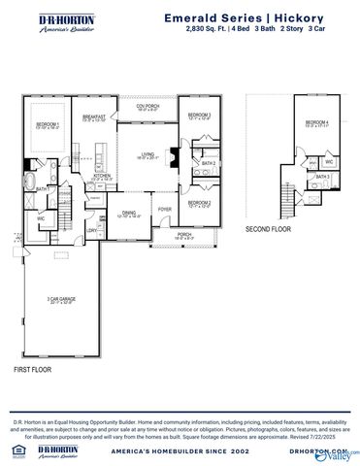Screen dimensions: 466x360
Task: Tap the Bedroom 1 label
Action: [49, 125]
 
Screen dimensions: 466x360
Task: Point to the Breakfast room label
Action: [94, 117]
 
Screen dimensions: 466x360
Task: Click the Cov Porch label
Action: [147, 108]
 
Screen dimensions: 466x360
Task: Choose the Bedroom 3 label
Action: [200, 116]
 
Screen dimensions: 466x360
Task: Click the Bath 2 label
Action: [208, 163]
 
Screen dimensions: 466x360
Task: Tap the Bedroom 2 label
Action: [200, 203]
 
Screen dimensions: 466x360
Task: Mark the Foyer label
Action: [165, 208]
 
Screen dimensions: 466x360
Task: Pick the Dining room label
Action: [129, 214]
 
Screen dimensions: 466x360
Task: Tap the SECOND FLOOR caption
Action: [269, 229]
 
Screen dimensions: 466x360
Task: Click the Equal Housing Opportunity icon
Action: [11, 450]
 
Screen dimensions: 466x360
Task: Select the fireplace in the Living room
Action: [172, 154]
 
